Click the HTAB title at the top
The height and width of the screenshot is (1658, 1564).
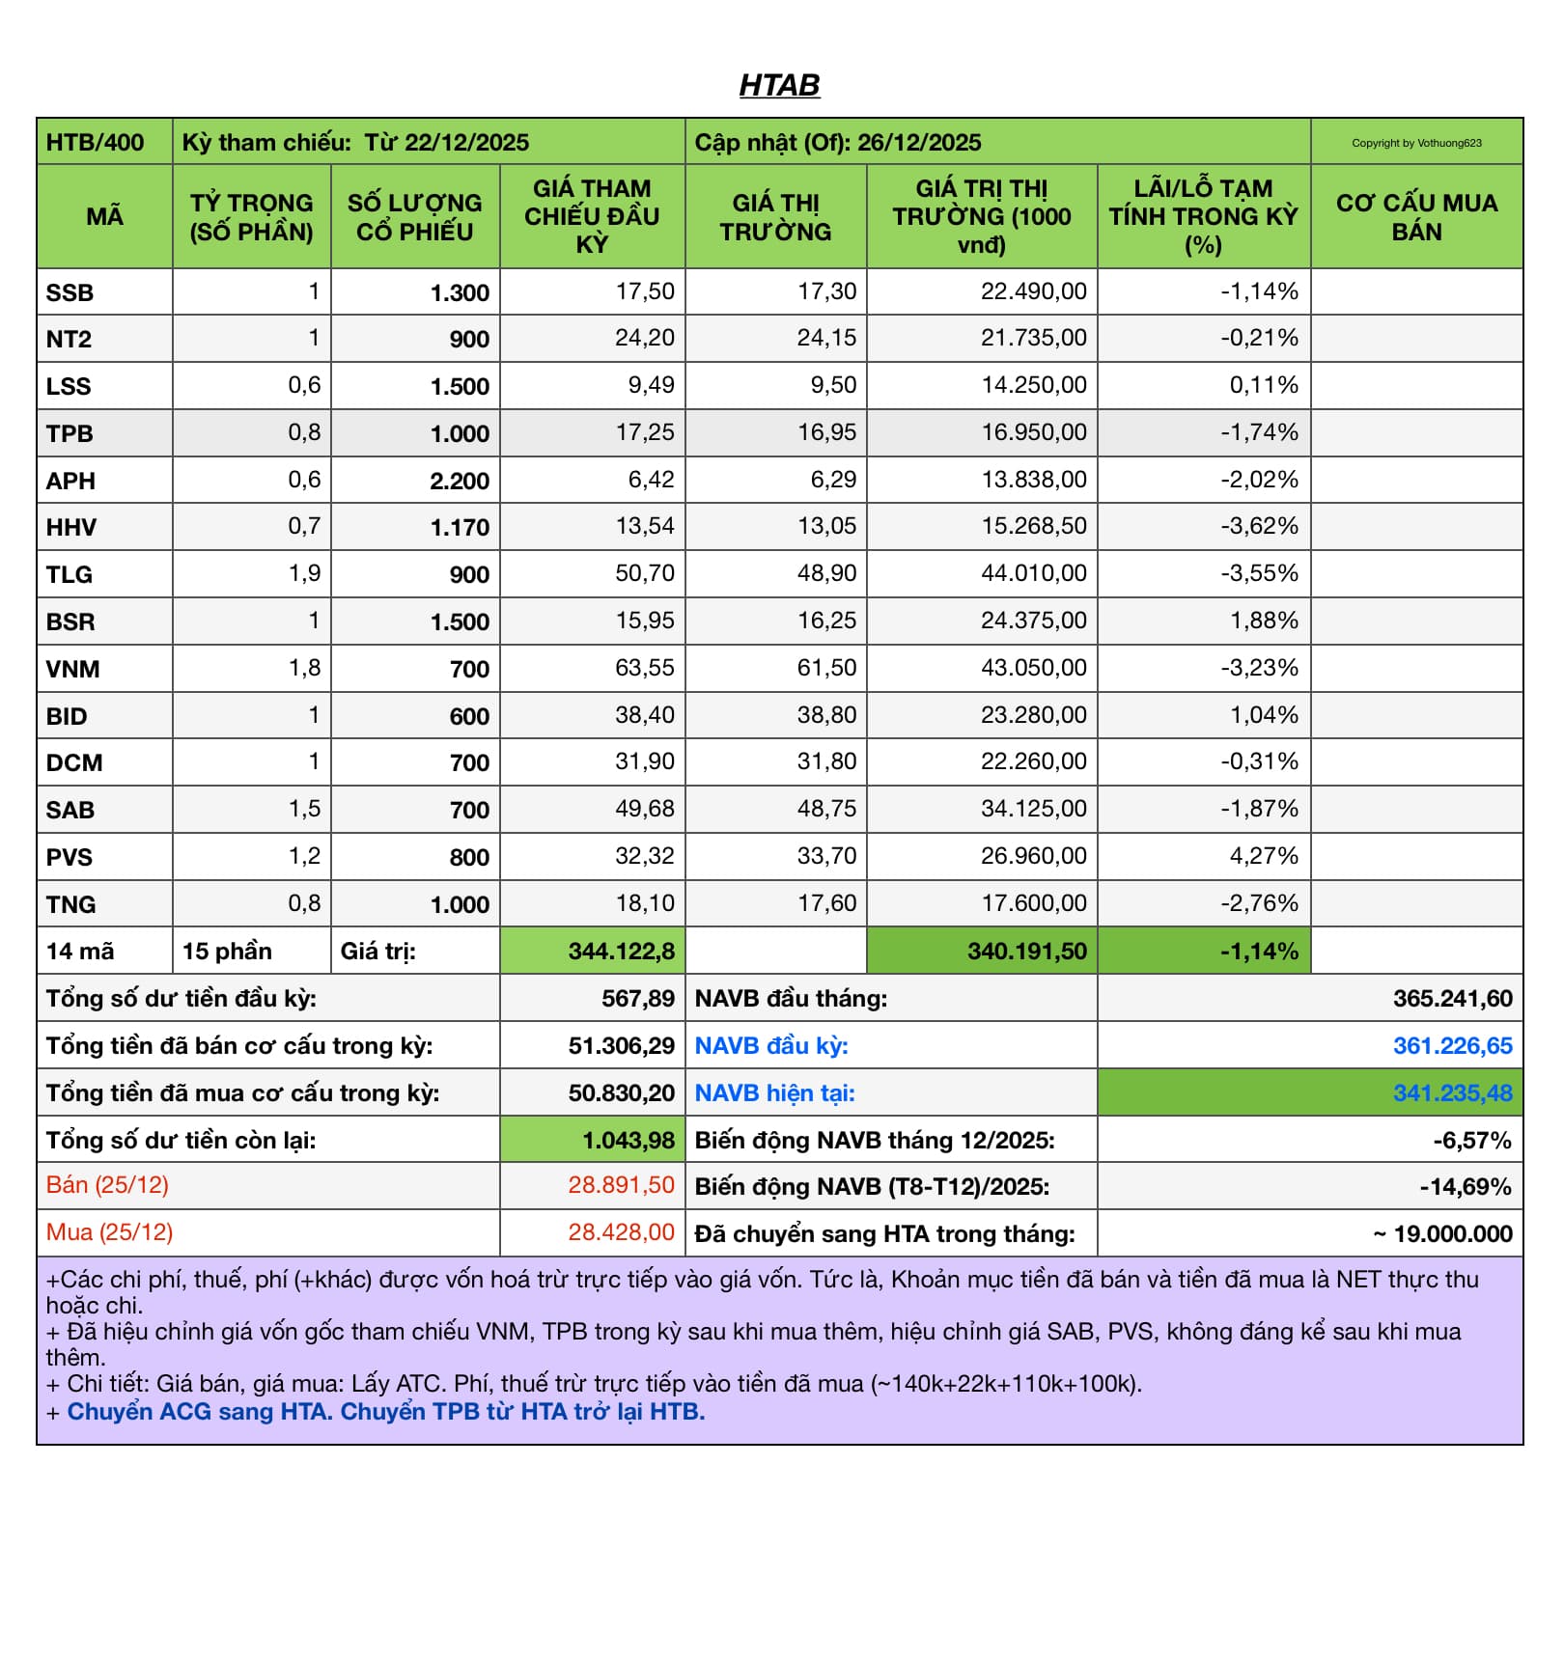pos(779,86)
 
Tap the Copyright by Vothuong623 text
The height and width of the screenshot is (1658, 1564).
pos(1415,143)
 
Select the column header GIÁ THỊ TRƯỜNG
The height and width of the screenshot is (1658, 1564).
pos(775,217)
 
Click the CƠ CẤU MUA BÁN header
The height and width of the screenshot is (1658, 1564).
pos(1415,217)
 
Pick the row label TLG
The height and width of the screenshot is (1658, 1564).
pos(70,575)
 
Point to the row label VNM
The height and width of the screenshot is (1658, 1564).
pos(72,669)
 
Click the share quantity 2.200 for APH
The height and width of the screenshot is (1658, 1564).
pos(460,481)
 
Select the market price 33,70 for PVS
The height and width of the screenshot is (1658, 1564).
pos(826,857)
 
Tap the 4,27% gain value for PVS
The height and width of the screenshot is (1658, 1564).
pos(1263,857)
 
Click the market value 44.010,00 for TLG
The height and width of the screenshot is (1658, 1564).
pos(1033,574)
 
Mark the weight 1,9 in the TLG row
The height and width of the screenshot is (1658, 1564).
pos(304,574)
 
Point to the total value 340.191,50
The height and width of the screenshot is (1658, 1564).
pos(1026,952)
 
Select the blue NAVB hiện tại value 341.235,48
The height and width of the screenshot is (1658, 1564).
pos(1452,1093)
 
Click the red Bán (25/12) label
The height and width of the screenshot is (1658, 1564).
pos(107,1185)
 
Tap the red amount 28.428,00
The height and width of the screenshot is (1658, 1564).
pos(621,1232)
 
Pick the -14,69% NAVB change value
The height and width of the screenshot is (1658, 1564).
pos(1465,1187)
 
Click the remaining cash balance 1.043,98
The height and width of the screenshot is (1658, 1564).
pos(628,1141)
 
